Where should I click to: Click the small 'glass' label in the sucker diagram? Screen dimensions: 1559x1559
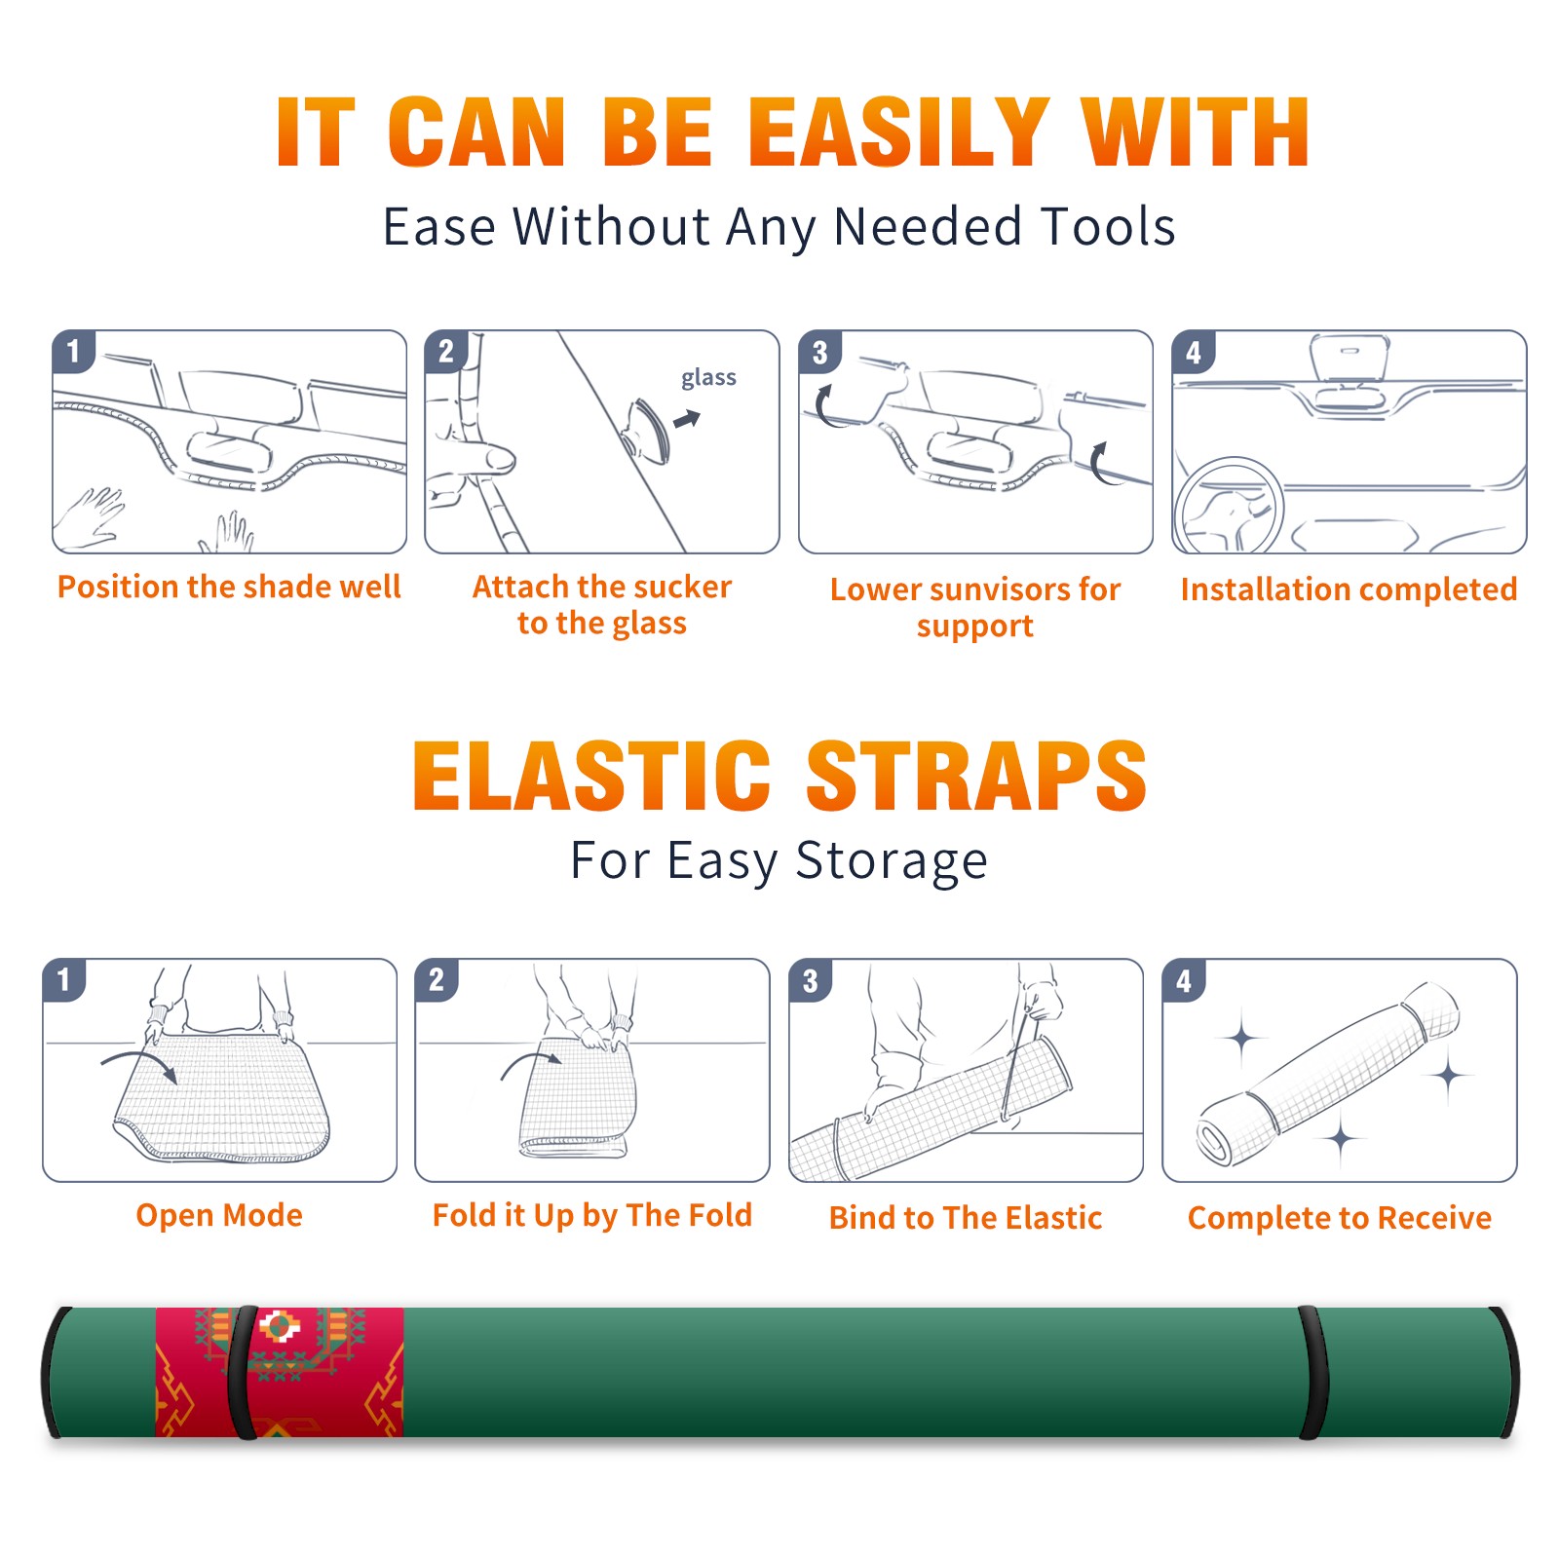click(x=708, y=378)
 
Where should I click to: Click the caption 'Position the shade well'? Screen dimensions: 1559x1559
click(x=229, y=587)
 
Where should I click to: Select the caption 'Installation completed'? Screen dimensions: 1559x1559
click(x=1349, y=589)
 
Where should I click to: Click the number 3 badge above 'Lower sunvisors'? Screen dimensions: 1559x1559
click(x=818, y=353)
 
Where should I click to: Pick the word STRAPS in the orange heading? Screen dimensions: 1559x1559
click(x=976, y=776)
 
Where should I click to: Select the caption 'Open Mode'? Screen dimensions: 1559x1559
click(x=219, y=1215)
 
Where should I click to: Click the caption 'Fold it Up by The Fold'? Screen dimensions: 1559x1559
click(x=592, y=1216)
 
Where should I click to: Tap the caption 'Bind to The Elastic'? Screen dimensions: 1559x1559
click(x=966, y=1218)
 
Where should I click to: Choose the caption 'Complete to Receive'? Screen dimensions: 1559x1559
click(x=1340, y=1218)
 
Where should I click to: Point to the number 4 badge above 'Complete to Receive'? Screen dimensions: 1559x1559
click(x=1184, y=980)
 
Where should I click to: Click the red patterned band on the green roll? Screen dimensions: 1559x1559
click(x=280, y=1372)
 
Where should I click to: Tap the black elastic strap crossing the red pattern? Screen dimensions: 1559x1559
click(x=243, y=1372)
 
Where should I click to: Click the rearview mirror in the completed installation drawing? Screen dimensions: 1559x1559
click(x=1350, y=358)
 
